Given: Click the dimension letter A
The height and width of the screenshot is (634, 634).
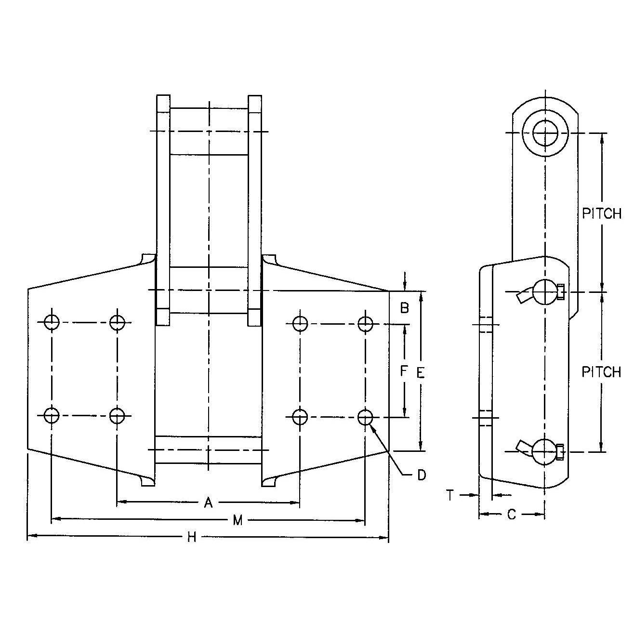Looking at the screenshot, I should [208, 503].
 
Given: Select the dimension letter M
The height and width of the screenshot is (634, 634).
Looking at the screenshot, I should [237, 520].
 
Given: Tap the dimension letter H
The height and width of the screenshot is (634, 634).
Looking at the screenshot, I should [192, 537].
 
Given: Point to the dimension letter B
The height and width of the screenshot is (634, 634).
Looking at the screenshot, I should [405, 308].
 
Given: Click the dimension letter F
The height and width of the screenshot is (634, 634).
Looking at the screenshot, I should [404, 370].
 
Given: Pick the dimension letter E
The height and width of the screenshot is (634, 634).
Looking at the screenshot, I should [421, 372].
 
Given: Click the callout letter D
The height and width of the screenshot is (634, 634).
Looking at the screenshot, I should [422, 475].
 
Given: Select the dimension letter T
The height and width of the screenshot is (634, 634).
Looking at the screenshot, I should [450, 495].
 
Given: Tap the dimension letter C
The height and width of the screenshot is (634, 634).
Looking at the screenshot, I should [512, 515].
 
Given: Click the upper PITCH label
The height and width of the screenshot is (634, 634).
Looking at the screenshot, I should [602, 213].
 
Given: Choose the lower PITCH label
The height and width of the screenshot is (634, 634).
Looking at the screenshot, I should [601, 372].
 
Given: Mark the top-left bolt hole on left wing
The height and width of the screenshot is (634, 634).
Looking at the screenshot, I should [51, 322].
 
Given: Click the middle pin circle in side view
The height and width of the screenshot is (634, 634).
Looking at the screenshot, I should [545, 292].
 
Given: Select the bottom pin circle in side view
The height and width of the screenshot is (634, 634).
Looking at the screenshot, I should [545, 452].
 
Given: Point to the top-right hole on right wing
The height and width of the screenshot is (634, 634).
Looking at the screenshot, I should [365, 324].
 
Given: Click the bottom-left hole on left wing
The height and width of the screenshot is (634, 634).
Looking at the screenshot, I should [51, 415].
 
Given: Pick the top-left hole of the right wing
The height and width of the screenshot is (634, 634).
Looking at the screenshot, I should [300, 324].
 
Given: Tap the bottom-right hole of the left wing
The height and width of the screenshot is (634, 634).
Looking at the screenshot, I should [117, 415].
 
